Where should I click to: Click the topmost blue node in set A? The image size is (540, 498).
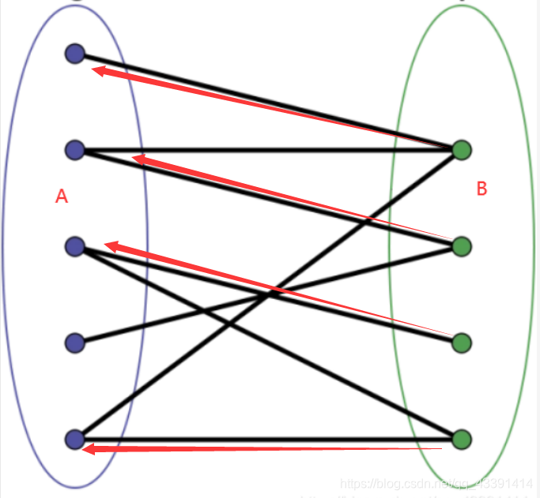pyautogui.click(x=75, y=54)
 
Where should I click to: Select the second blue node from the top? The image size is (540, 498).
pyautogui.click(x=75, y=149)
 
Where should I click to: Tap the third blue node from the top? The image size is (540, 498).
pyautogui.click(x=75, y=247)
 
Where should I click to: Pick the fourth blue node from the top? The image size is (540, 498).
pyautogui.click(x=75, y=343)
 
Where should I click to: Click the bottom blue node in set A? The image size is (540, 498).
pyautogui.click(x=75, y=439)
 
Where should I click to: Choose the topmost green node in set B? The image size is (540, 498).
pyautogui.click(x=462, y=149)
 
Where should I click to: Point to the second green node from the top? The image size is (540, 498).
pyautogui.click(x=462, y=247)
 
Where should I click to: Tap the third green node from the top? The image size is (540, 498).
pyautogui.click(x=462, y=343)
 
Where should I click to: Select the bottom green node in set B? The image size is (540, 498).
pyautogui.click(x=462, y=439)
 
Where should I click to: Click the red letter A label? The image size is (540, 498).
pyautogui.click(x=62, y=197)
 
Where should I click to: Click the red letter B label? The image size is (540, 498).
pyautogui.click(x=482, y=189)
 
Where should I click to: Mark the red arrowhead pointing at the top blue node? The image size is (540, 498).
pyautogui.click(x=99, y=72)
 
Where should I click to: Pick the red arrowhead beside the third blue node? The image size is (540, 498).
pyautogui.click(x=112, y=247)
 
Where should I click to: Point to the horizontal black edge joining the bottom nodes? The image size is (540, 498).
pyautogui.click(x=269, y=438)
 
